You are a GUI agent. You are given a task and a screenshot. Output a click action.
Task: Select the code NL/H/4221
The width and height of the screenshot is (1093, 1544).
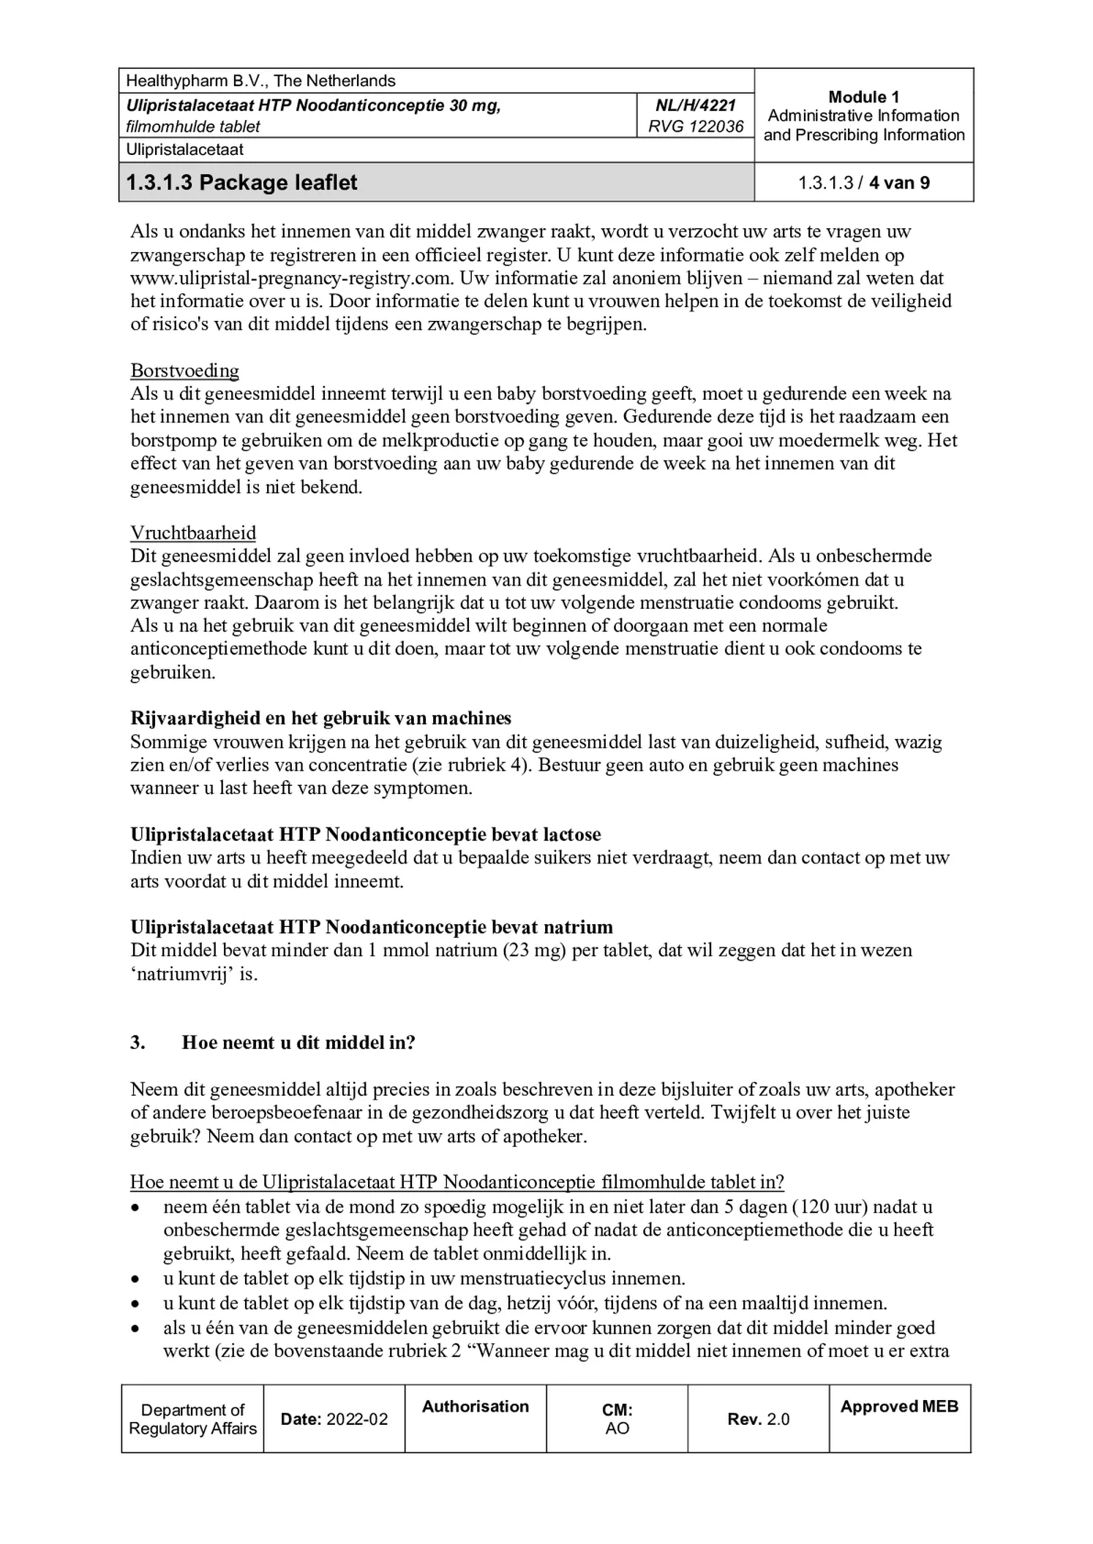[696, 105]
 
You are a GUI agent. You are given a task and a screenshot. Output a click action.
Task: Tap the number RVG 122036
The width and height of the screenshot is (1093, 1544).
[696, 126]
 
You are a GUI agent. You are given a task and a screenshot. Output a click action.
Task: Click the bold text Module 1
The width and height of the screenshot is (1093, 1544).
[863, 97]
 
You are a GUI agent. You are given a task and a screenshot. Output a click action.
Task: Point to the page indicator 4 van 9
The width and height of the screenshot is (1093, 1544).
[899, 183]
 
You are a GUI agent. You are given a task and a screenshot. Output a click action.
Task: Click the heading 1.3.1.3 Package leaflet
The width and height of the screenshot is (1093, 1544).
[241, 183]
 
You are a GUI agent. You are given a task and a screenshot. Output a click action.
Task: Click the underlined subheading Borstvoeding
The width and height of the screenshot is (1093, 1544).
[184, 371]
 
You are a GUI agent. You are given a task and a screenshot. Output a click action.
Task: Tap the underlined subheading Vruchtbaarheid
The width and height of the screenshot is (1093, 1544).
[193, 533]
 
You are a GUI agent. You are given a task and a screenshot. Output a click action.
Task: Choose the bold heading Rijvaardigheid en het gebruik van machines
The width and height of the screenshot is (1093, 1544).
[320, 718]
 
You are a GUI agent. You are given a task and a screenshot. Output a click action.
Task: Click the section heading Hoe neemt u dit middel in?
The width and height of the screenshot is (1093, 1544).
[298, 1042]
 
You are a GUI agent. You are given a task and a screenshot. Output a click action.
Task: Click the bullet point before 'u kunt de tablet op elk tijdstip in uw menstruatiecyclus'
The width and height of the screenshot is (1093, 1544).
[135, 1279]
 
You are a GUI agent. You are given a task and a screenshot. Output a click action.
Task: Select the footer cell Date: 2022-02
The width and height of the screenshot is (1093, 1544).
[334, 1419]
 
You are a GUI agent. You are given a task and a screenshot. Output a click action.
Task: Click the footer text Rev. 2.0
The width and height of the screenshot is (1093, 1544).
[758, 1419]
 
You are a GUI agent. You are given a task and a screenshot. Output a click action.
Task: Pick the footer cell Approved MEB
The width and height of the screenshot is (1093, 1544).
[899, 1407]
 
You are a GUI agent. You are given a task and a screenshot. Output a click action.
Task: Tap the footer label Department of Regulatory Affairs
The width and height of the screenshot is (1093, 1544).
[192, 1419]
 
